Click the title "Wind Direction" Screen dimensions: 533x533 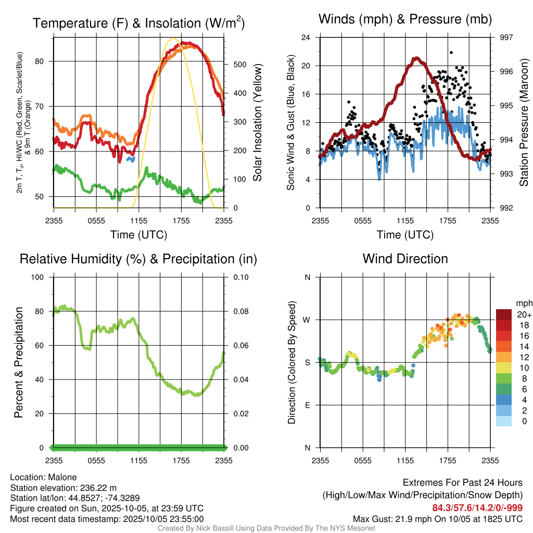[405, 259]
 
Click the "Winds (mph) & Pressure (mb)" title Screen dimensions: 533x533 [405, 19]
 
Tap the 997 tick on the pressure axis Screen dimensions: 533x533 [506, 37]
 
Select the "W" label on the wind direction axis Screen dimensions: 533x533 [307, 320]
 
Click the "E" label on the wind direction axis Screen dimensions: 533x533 [307, 405]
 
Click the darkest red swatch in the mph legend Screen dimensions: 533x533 [504, 314]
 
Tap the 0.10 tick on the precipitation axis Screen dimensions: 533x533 [240, 277]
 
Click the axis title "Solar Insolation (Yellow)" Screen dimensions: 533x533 [258, 123]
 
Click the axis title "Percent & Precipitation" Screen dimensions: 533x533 [18, 362]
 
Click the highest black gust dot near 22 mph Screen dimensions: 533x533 [451, 53]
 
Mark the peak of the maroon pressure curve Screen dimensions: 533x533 [416, 58]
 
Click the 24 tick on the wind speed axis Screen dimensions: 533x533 [307, 37]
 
